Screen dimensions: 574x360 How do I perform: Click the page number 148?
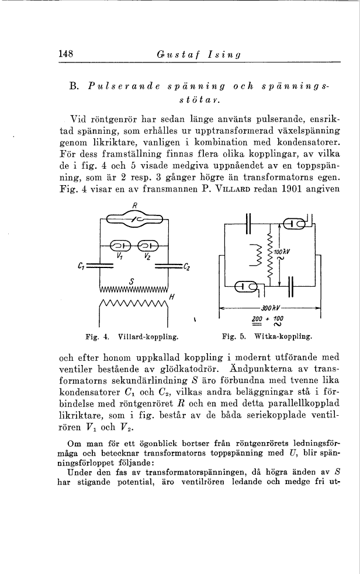pos(65,54)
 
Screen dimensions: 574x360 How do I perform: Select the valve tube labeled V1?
pos(120,245)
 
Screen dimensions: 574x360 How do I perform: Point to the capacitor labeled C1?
pos(101,266)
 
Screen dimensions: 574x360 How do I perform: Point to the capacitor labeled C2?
pos(168,266)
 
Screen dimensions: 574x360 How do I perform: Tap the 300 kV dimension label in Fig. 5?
pos(269,307)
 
